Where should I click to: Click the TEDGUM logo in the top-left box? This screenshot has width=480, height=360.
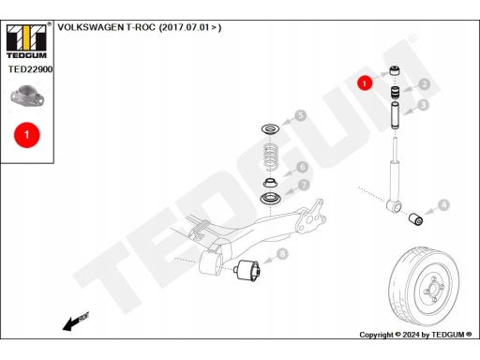pyautogui.click(x=26, y=40)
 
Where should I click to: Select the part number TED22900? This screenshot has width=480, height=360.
pyautogui.click(x=30, y=69)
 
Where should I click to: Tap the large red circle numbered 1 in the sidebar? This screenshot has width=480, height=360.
pyautogui.click(x=27, y=135)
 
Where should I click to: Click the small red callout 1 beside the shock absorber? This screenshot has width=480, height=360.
pyautogui.click(x=365, y=83)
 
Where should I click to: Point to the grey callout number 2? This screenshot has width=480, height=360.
pyautogui.click(x=424, y=84)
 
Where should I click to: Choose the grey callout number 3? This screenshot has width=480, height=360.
pyautogui.click(x=424, y=105)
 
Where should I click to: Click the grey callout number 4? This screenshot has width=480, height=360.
pyautogui.click(x=443, y=205)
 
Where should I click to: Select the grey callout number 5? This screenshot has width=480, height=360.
pyautogui.click(x=300, y=115)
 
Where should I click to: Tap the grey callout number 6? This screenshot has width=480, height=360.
pyautogui.click(x=302, y=167)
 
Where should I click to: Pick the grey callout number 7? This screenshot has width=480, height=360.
pyautogui.click(x=304, y=185)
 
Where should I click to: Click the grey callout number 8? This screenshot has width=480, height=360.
pyautogui.click(x=282, y=253)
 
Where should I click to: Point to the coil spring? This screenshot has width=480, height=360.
pyautogui.click(x=271, y=157)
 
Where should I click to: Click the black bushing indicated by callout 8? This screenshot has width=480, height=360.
pyautogui.click(x=247, y=270)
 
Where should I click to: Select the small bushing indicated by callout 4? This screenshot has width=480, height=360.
pyautogui.click(x=416, y=218)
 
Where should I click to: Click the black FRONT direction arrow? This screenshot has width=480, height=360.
pyautogui.click(x=76, y=322)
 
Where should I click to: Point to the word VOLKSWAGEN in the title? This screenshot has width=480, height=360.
pyautogui.click(x=91, y=27)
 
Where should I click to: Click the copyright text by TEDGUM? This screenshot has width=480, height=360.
pyautogui.click(x=415, y=335)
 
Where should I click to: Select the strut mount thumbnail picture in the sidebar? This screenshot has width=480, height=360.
pyautogui.click(x=27, y=97)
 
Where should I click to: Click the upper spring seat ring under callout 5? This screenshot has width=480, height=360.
pyautogui.click(x=271, y=128)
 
